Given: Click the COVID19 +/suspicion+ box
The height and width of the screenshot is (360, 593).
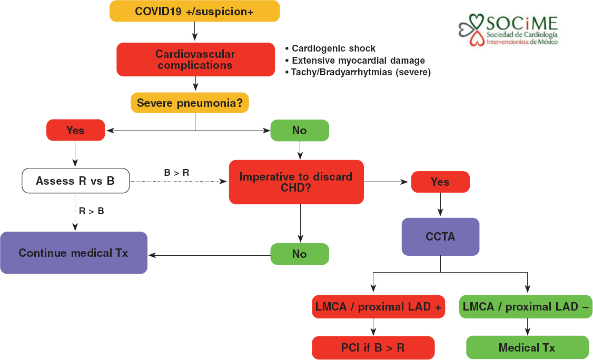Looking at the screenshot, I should [x=194, y=12].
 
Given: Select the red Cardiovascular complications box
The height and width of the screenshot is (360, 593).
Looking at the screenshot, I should [x=195, y=60].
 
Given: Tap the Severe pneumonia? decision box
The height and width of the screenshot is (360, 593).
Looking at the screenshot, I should [x=190, y=103].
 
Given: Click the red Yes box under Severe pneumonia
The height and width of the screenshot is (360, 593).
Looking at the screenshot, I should [x=75, y=131].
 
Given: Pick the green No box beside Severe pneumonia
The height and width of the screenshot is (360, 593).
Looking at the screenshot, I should [x=299, y=131].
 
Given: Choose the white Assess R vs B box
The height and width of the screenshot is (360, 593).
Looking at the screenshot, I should [x=75, y=181].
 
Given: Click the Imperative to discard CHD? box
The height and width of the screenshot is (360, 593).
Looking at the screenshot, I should [x=296, y=182].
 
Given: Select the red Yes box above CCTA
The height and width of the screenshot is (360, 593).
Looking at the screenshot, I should [x=440, y=182].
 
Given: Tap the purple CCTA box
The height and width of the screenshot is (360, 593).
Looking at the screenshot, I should [x=440, y=237].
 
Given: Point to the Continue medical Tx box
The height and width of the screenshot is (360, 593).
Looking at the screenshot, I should [x=73, y=253].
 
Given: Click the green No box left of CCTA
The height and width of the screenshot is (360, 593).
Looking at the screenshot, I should [x=299, y=254].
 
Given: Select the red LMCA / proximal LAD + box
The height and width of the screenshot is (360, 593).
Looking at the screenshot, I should [x=378, y=307].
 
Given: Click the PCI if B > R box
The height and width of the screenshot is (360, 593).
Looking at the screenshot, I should [x=373, y=348].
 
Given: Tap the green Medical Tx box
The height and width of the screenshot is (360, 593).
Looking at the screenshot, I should [x=527, y=348].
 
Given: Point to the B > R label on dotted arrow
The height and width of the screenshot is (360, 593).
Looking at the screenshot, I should [x=176, y=172].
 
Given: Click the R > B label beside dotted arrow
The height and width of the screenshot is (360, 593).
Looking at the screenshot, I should [x=91, y=211].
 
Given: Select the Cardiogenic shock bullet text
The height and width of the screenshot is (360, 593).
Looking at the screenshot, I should [x=330, y=49].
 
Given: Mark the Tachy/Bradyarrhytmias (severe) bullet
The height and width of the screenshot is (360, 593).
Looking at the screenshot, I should [x=358, y=72].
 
